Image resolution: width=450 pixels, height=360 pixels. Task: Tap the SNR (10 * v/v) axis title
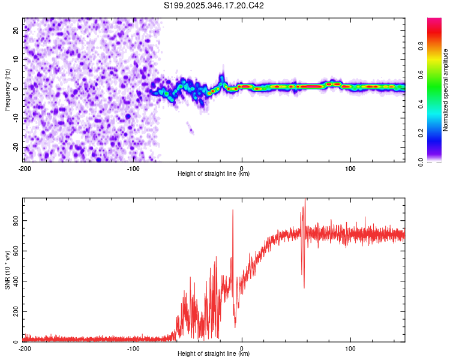click(7, 270)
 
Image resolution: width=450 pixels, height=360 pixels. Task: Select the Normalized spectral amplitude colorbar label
click(446, 90)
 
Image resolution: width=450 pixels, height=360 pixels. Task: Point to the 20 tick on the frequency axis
click(16, 29)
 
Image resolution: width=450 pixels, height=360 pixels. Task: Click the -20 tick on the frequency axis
click(15, 148)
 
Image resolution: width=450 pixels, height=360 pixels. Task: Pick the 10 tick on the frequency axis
click(16, 59)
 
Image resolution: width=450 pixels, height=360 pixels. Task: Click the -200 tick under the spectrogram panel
click(25, 169)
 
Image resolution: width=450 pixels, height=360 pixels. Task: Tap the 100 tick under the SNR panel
click(350, 349)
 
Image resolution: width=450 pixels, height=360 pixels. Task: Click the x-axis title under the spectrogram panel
click(214, 174)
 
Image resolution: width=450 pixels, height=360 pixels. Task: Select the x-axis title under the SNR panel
click(214, 354)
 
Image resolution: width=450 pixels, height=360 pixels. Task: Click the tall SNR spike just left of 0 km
click(233, 211)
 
